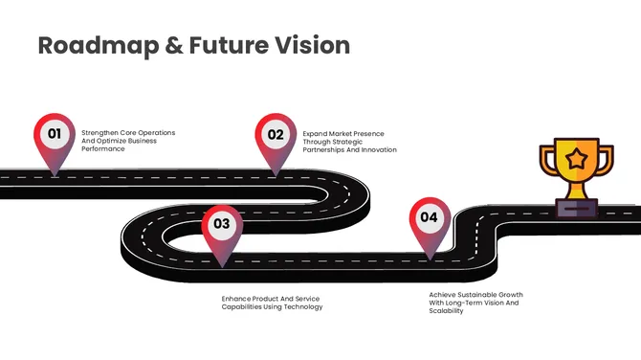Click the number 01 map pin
click(x=55, y=135)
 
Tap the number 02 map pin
click(x=276, y=135)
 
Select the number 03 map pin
click(x=222, y=226)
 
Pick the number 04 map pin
click(x=430, y=218)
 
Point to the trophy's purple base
click(x=576, y=207)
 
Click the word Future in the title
click(x=221, y=45)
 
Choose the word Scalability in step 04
click(x=446, y=310)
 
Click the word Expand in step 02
click(x=316, y=133)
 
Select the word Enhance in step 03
click(x=237, y=298)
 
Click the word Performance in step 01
click(x=103, y=149)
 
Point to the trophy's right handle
click(x=606, y=157)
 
